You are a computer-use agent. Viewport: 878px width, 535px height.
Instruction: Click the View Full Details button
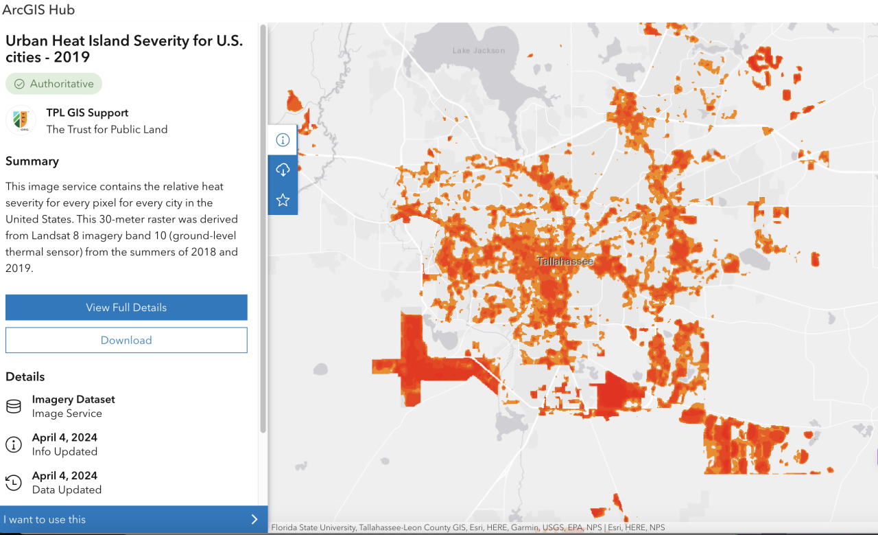pos(126,308)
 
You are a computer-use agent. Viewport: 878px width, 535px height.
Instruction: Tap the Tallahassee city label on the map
pos(565,262)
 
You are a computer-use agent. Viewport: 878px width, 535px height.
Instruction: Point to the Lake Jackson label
pos(478,50)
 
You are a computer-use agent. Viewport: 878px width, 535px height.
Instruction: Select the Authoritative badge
pos(54,84)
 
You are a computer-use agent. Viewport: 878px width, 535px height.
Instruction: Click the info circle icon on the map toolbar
pos(283,140)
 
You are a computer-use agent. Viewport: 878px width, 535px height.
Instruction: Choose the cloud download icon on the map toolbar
pos(283,170)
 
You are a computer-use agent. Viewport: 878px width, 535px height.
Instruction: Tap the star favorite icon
pos(283,200)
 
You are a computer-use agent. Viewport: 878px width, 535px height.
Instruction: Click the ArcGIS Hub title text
pos(38,10)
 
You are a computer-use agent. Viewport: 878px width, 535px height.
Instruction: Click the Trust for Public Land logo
pos(21,120)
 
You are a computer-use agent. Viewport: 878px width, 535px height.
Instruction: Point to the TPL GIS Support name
pos(87,113)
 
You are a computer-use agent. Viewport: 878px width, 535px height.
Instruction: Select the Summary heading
pos(32,161)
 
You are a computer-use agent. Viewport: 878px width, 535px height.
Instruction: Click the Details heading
pos(25,377)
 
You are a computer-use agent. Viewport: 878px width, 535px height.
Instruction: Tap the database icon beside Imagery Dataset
pos(14,407)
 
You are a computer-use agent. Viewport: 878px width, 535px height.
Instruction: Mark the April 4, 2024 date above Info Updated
pos(64,437)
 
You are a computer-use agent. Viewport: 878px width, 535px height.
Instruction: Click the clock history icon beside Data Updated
pos(14,483)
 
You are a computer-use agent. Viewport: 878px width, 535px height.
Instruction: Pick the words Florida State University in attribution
pos(313,527)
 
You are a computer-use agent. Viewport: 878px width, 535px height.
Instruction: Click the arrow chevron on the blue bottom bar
pos(254,519)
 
